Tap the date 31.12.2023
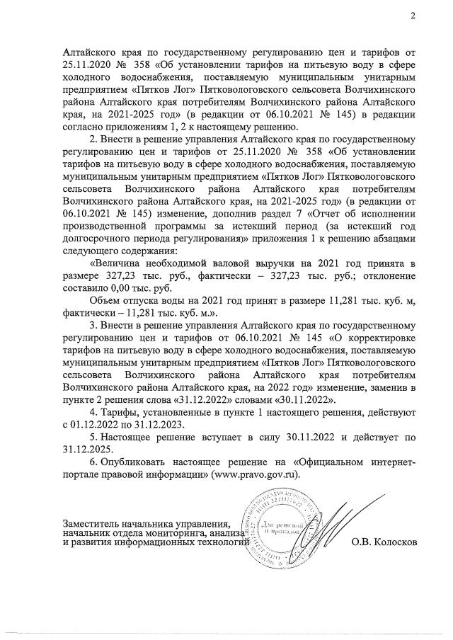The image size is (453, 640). [x=160, y=424]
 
